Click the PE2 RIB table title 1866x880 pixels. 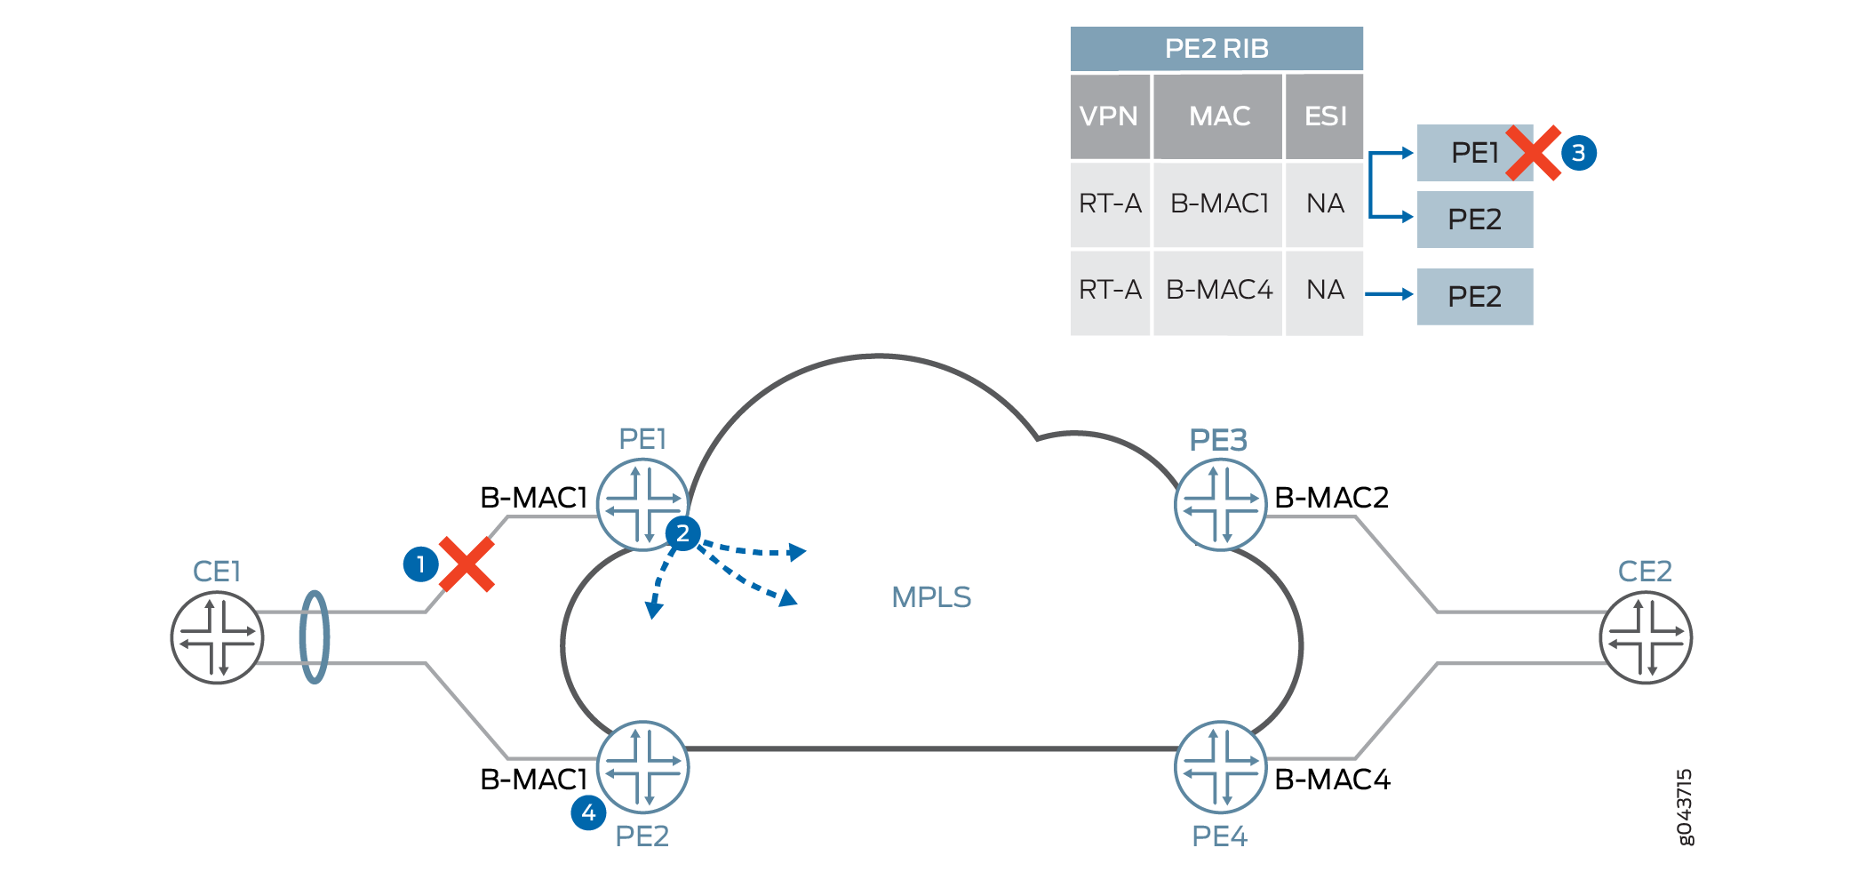click(1216, 49)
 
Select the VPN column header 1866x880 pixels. click(1109, 116)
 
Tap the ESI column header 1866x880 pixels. click(1325, 116)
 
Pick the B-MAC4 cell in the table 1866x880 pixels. click(1219, 291)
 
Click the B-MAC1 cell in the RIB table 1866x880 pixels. click(1219, 204)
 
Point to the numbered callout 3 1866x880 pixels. click(1579, 153)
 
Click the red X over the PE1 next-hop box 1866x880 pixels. click(1533, 153)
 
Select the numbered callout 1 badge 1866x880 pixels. click(420, 564)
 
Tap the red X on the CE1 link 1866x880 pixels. click(466, 564)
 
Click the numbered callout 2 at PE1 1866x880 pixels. click(682, 533)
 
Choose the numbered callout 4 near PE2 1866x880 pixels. click(588, 812)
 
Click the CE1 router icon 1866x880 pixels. click(217, 637)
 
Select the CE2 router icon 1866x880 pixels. click(1646, 637)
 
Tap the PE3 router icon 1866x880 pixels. click(1221, 505)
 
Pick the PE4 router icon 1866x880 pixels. click(1221, 767)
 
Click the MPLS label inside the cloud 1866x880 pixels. click(931, 597)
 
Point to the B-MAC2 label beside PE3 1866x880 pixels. click(1331, 498)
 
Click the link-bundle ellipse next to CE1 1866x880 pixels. click(315, 637)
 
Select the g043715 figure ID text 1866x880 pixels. click(1685, 807)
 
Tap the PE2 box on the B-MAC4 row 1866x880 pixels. click(1474, 297)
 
